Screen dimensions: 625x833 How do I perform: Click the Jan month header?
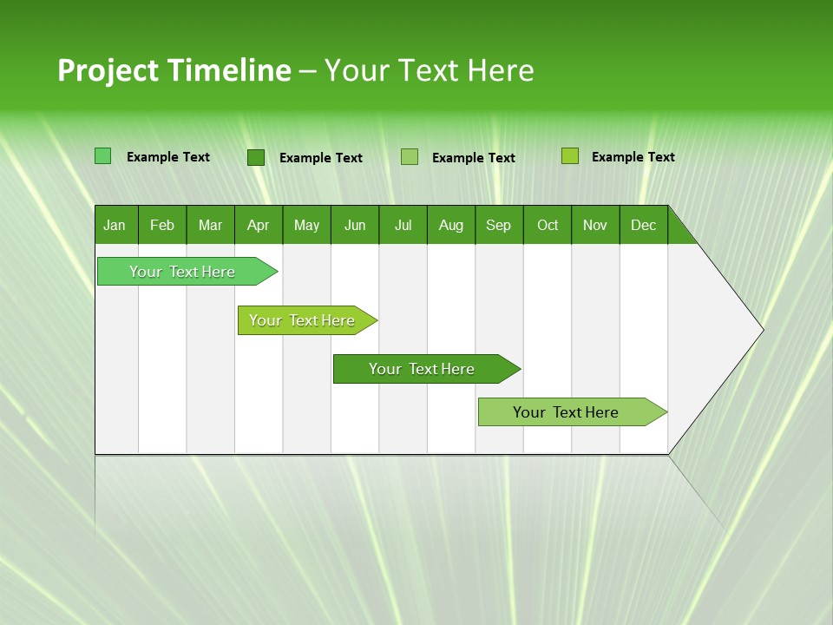[115, 225]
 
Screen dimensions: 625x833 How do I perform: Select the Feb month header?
[162, 225]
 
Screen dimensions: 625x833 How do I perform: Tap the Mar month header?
[210, 225]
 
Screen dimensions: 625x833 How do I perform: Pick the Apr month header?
[259, 225]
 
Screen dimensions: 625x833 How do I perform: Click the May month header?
[306, 225]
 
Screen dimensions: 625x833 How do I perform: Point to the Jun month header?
[355, 225]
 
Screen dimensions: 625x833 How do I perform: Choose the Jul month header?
[403, 225]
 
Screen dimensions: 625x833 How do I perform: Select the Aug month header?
[451, 225]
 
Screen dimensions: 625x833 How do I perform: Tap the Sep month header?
[499, 225]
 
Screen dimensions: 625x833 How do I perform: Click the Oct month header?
[548, 225]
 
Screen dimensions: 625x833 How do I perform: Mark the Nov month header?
[595, 225]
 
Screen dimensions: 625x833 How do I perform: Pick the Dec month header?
[644, 225]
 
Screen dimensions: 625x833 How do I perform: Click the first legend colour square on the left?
[103, 156]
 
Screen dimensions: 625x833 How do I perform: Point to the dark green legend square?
[256, 157]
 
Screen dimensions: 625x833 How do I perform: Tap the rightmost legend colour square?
[570, 156]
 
